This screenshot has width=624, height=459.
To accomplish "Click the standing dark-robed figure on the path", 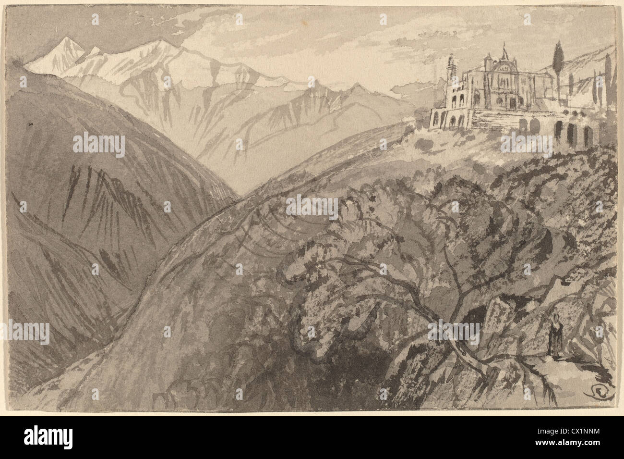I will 554,342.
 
